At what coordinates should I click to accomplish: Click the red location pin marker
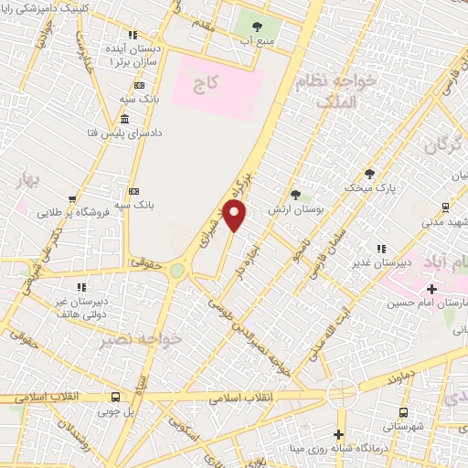[x=236, y=217]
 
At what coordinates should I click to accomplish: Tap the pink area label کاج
[x=205, y=83]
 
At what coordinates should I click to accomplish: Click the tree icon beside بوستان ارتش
[x=295, y=194]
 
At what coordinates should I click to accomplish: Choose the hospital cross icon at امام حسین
[x=431, y=289]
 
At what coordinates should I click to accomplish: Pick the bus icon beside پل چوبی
[x=115, y=398]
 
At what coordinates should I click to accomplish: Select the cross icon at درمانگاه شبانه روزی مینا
[x=339, y=434]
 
